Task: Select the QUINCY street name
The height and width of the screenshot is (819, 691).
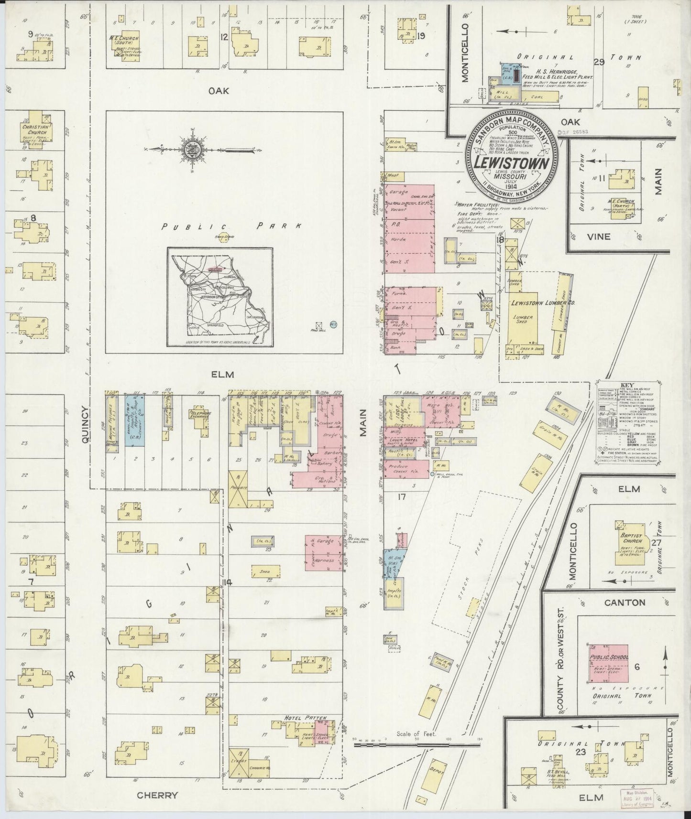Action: pyautogui.click(x=85, y=426)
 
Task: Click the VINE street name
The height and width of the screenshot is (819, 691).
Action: pyautogui.click(x=599, y=237)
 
